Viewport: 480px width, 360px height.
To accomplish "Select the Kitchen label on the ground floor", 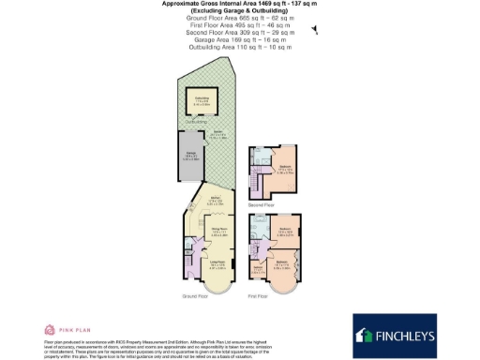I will click(215, 200).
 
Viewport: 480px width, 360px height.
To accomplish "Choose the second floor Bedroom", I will click(283, 170).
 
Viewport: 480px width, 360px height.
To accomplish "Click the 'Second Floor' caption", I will click(262, 203).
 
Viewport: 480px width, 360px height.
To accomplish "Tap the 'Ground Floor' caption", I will click(194, 296).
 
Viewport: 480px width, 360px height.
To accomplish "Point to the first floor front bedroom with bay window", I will click(281, 265).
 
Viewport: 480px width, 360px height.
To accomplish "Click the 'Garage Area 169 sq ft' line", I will click(239, 39).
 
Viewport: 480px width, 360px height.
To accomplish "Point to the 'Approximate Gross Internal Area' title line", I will click(239, 5).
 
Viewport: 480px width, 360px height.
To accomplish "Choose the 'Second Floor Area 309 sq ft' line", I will click(239, 32).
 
